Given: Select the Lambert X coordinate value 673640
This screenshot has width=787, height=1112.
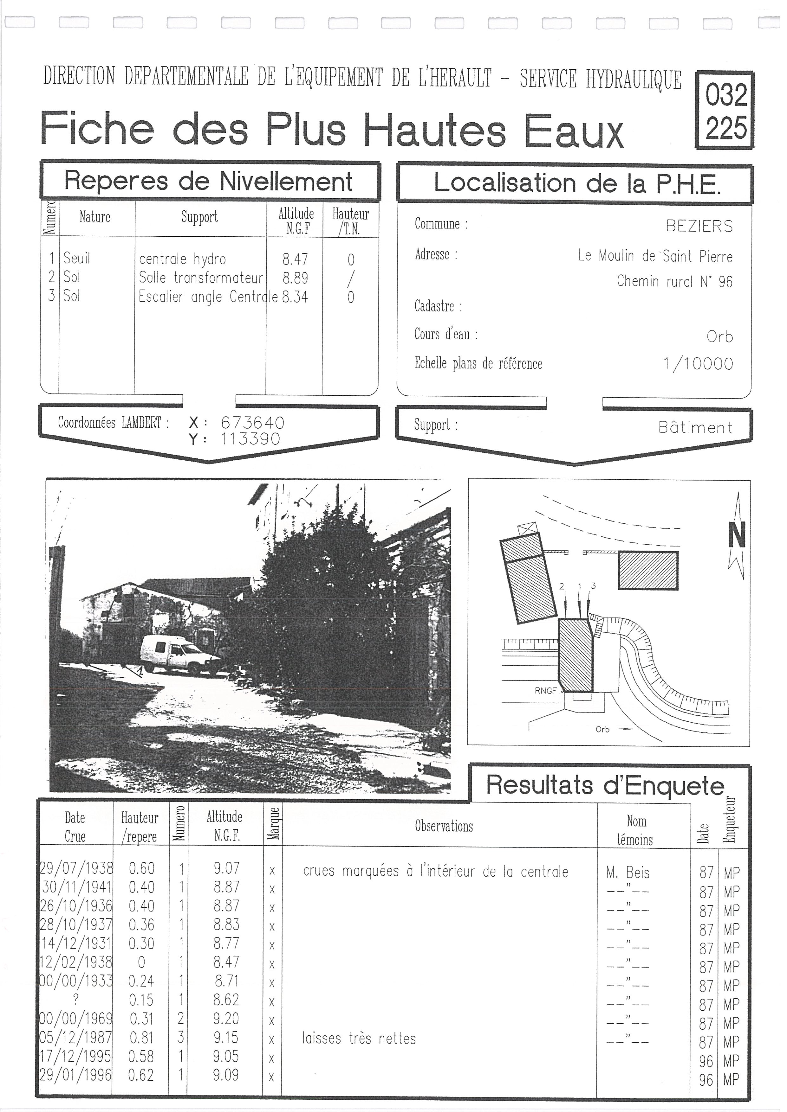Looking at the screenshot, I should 252,423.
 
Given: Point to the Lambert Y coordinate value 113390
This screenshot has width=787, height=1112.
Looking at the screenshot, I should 250,439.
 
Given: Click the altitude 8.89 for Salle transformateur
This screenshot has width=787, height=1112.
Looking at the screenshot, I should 295,278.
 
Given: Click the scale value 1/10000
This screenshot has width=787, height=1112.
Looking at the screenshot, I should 698,364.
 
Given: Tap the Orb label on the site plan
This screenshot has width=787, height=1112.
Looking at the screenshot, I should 602,729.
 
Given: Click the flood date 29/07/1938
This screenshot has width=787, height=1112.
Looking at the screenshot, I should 76,868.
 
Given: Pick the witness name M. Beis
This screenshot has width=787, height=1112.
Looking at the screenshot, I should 628,873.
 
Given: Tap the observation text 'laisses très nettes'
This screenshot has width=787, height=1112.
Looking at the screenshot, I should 359,1039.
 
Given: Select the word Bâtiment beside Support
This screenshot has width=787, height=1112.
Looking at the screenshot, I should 695,427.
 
